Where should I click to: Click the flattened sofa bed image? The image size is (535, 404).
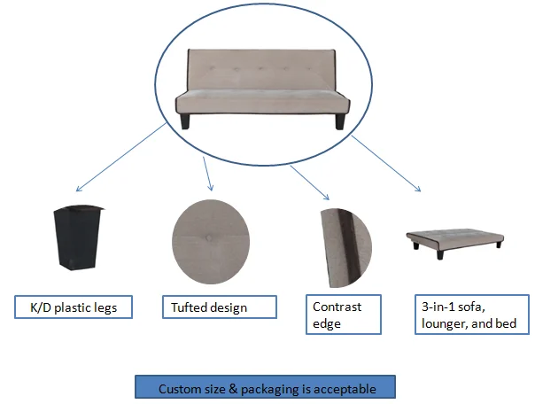(454, 239)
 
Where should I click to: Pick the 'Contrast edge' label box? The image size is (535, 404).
(343, 315)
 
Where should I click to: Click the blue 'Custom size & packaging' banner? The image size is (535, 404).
(265, 388)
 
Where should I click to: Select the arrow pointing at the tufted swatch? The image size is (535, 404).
(207, 174)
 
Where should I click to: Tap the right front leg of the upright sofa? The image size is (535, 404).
(340, 120)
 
